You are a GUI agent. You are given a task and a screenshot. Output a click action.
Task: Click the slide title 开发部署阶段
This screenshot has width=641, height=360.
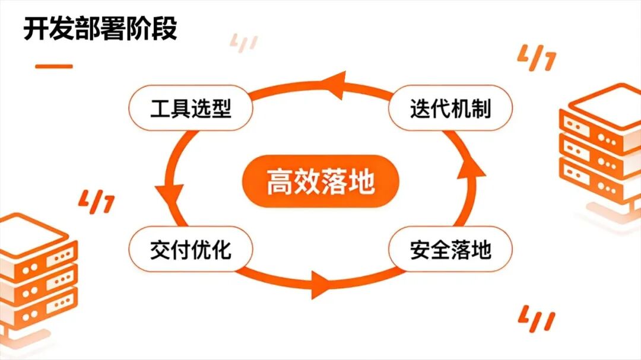click(100, 28)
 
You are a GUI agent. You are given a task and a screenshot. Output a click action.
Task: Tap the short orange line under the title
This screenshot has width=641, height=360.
click(53, 66)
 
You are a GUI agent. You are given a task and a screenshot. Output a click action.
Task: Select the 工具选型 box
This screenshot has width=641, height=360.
click(191, 109)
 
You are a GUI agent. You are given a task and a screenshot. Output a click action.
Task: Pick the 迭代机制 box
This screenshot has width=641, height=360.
click(450, 109)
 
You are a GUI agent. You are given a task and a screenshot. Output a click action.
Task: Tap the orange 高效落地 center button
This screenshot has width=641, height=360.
click(320, 181)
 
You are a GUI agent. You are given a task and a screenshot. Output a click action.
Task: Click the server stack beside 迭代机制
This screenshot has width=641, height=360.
click(599, 151)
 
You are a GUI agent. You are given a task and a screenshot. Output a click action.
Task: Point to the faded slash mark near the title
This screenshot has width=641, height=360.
click(243, 43)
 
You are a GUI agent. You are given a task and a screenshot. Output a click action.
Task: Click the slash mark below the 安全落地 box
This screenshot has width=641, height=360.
click(537, 318)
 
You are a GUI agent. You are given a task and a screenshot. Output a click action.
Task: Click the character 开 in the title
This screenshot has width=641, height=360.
click(35, 28)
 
